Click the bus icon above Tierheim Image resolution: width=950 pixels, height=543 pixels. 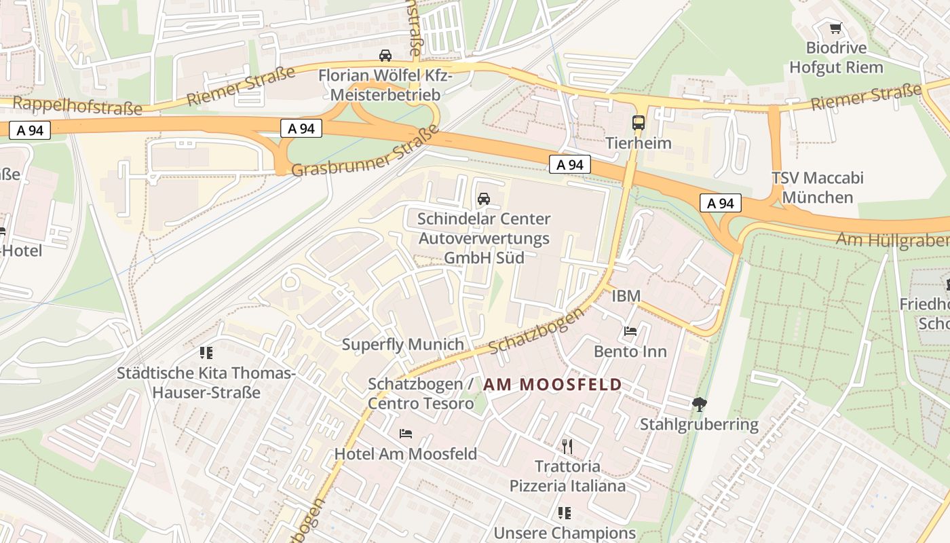[638, 123]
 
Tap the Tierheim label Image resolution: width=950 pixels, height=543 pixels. [638, 143]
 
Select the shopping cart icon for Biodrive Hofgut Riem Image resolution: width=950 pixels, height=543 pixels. [836, 29]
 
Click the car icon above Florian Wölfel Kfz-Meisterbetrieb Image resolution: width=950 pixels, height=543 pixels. [385, 56]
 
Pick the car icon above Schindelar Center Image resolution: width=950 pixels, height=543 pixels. [483, 199]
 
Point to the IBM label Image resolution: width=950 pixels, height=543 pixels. [626, 296]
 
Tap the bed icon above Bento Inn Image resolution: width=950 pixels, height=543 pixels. [630, 331]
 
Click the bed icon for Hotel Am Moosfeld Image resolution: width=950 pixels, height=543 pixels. [406, 433]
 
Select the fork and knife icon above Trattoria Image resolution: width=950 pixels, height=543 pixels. [567, 446]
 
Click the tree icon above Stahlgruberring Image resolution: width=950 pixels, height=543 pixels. [699, 405]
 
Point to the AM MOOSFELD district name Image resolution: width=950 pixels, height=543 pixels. [552, 385]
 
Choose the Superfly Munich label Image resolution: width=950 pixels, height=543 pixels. [402, 344]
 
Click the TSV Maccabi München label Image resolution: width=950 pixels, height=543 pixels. [817, 188]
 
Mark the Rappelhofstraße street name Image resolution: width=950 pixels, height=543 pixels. [77, 106]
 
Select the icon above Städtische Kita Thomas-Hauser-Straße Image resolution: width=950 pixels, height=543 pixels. [206, 353]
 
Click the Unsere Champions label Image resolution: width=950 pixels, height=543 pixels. [565, 533]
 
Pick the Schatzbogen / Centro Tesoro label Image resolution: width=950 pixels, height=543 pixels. [421, 394]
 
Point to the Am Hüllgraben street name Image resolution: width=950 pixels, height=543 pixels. [892, 240]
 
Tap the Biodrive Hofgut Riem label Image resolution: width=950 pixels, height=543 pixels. [836, 58]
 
